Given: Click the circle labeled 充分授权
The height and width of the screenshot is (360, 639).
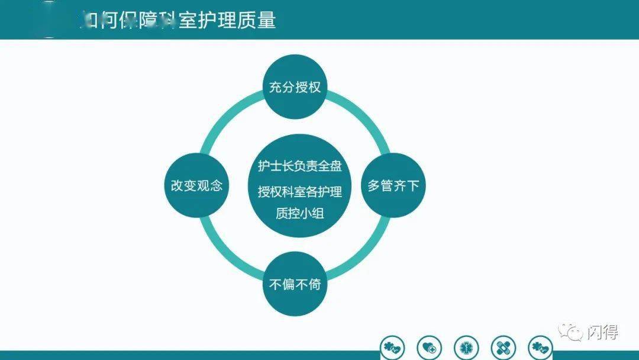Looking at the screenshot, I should click(x=295, y=88).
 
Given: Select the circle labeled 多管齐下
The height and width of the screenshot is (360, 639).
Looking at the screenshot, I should click(x=393, y=185).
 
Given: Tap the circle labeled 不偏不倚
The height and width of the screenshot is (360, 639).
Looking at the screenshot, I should click(x=295, y=284).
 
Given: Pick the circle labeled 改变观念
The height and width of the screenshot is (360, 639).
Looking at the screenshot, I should click(x=196, y=185).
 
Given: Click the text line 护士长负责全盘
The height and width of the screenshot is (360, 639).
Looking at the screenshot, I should click(x=299, y=166).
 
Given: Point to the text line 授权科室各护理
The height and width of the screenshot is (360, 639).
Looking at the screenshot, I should click(x=299, y=191).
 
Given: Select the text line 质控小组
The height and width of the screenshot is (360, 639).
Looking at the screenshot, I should click(x=299, y=214).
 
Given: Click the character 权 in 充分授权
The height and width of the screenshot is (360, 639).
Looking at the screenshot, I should click(x=314, y=88).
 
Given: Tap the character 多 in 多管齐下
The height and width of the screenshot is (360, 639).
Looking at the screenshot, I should click(x=374, y=185).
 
